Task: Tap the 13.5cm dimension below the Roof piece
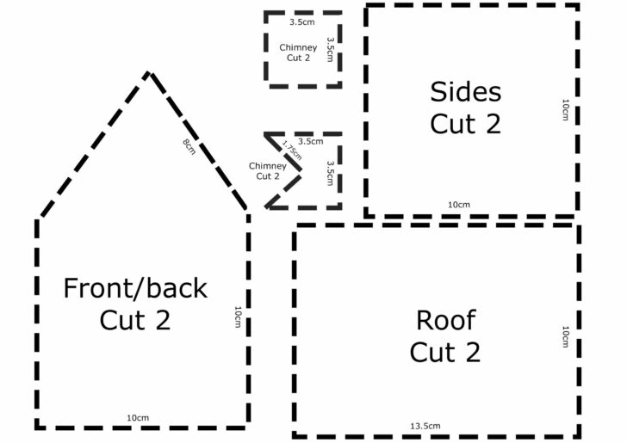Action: [425, 426]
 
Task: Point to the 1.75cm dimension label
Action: [292, 150]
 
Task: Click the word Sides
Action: [465, 91]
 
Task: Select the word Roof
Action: [445, 320]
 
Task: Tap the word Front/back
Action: [135, 287]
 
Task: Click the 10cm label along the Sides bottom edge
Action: [459, 204]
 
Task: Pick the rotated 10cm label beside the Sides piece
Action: [565, 110]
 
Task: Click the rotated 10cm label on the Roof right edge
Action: [565, 336]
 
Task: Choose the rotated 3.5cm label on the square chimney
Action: [330, 48]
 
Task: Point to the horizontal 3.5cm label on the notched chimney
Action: [311, 141]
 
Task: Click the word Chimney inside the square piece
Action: [298, 47]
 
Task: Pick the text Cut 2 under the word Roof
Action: [444, 352]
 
